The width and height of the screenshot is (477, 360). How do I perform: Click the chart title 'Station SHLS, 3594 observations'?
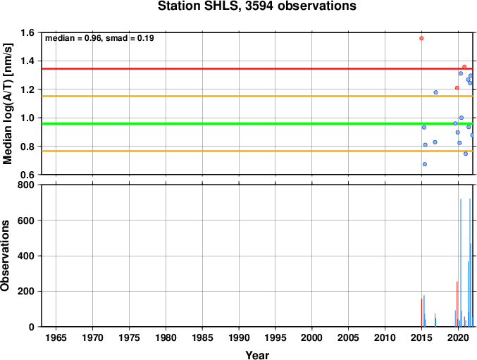click(256, 6)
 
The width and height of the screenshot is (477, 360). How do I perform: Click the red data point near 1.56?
click(421, 38)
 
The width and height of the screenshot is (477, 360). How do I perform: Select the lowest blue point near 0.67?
click(425, 164)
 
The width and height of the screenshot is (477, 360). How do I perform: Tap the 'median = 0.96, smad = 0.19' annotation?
click(99, 38)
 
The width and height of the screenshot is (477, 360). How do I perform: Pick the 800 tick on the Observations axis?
click(25, 185)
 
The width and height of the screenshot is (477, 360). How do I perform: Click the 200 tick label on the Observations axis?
click(25, 291)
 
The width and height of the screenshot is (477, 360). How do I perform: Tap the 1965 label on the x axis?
click(56, 337)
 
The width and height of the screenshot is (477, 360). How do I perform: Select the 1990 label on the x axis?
click(239, 337)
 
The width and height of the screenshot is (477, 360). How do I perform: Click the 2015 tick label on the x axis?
click(421, 337)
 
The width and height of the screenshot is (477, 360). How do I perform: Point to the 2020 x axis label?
click(458, 337)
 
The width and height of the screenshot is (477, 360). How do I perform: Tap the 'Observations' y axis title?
click(5, 256)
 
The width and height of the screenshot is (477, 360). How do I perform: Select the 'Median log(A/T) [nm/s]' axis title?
click(7, 104)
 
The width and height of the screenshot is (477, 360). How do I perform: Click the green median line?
click(257, 123)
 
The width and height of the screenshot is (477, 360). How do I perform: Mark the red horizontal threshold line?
click(257, 69)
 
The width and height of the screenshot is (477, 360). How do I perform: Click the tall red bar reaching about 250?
click(457, 304)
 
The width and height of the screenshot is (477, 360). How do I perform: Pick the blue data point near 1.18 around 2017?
click(435, 92)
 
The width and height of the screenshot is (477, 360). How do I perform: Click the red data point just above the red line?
click(464, 67)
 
